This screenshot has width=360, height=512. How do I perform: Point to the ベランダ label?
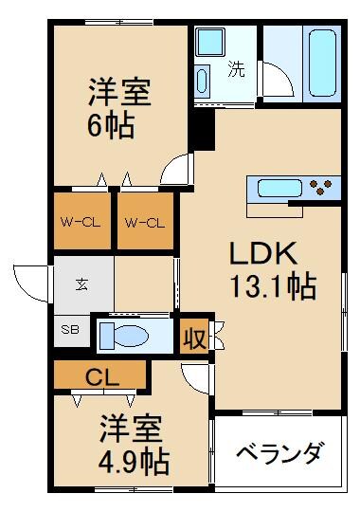[x=279, y=453]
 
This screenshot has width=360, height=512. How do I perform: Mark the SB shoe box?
[x=70, y=332]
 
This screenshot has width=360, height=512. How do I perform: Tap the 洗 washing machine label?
[x=234, y=68]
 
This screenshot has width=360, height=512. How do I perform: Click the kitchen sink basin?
[x=274, y=187]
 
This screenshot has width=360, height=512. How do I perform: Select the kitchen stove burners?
[x=323, y=187]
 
